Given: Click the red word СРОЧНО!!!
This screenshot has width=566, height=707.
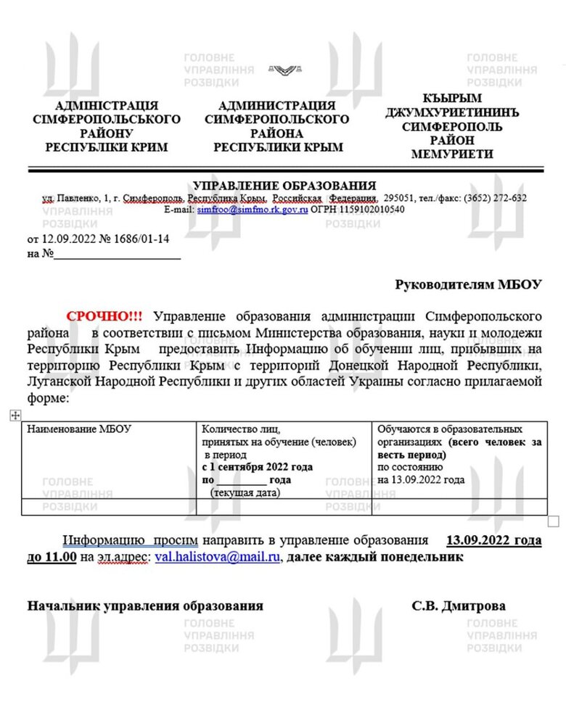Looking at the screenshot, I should pos(104,316).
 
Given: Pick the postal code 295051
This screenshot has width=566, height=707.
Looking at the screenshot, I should pos(399,198).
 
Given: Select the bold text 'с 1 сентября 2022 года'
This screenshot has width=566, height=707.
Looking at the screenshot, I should pos(258,467).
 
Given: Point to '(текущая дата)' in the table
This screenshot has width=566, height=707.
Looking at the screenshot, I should pos(245,492).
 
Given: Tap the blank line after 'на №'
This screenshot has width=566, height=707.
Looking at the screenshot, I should pos(117,255).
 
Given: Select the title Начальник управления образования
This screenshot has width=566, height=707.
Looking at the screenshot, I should pos(145,606).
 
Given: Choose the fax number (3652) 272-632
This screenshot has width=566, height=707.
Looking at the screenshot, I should pos(492,198).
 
